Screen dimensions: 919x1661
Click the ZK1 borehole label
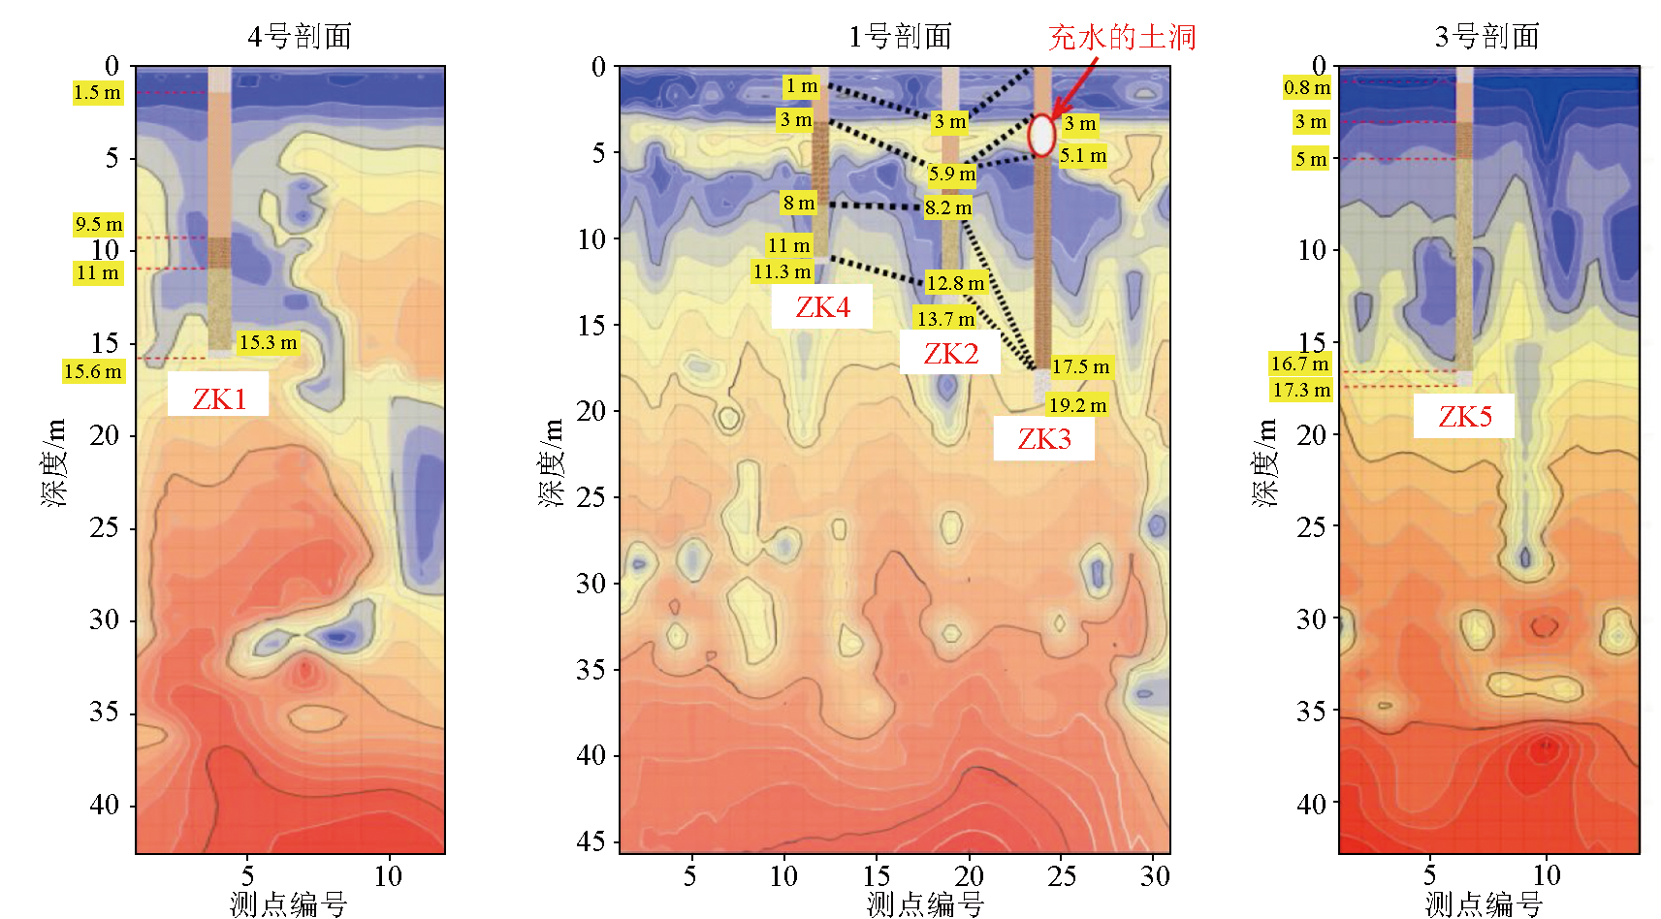218,398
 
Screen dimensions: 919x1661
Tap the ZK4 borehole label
822,307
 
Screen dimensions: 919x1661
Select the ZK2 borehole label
950,354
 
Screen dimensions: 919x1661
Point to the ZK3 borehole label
1044,439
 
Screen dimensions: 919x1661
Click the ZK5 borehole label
1464,417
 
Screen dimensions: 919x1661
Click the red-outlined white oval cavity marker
1041,136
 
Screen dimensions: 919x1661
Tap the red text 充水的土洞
1122,37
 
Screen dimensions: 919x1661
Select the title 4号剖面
300,37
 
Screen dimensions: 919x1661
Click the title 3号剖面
1487,37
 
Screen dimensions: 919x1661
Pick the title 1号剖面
900,37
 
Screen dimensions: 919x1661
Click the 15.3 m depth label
268,342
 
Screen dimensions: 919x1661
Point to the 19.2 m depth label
1077,405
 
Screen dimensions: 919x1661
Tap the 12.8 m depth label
955,283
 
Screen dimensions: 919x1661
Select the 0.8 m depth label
1307,87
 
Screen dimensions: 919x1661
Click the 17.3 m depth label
1301,390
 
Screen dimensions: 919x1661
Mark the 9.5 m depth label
99,224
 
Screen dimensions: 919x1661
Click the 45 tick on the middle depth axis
591,840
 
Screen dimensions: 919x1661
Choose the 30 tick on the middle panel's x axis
1154,876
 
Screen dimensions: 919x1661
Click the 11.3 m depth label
782,271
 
